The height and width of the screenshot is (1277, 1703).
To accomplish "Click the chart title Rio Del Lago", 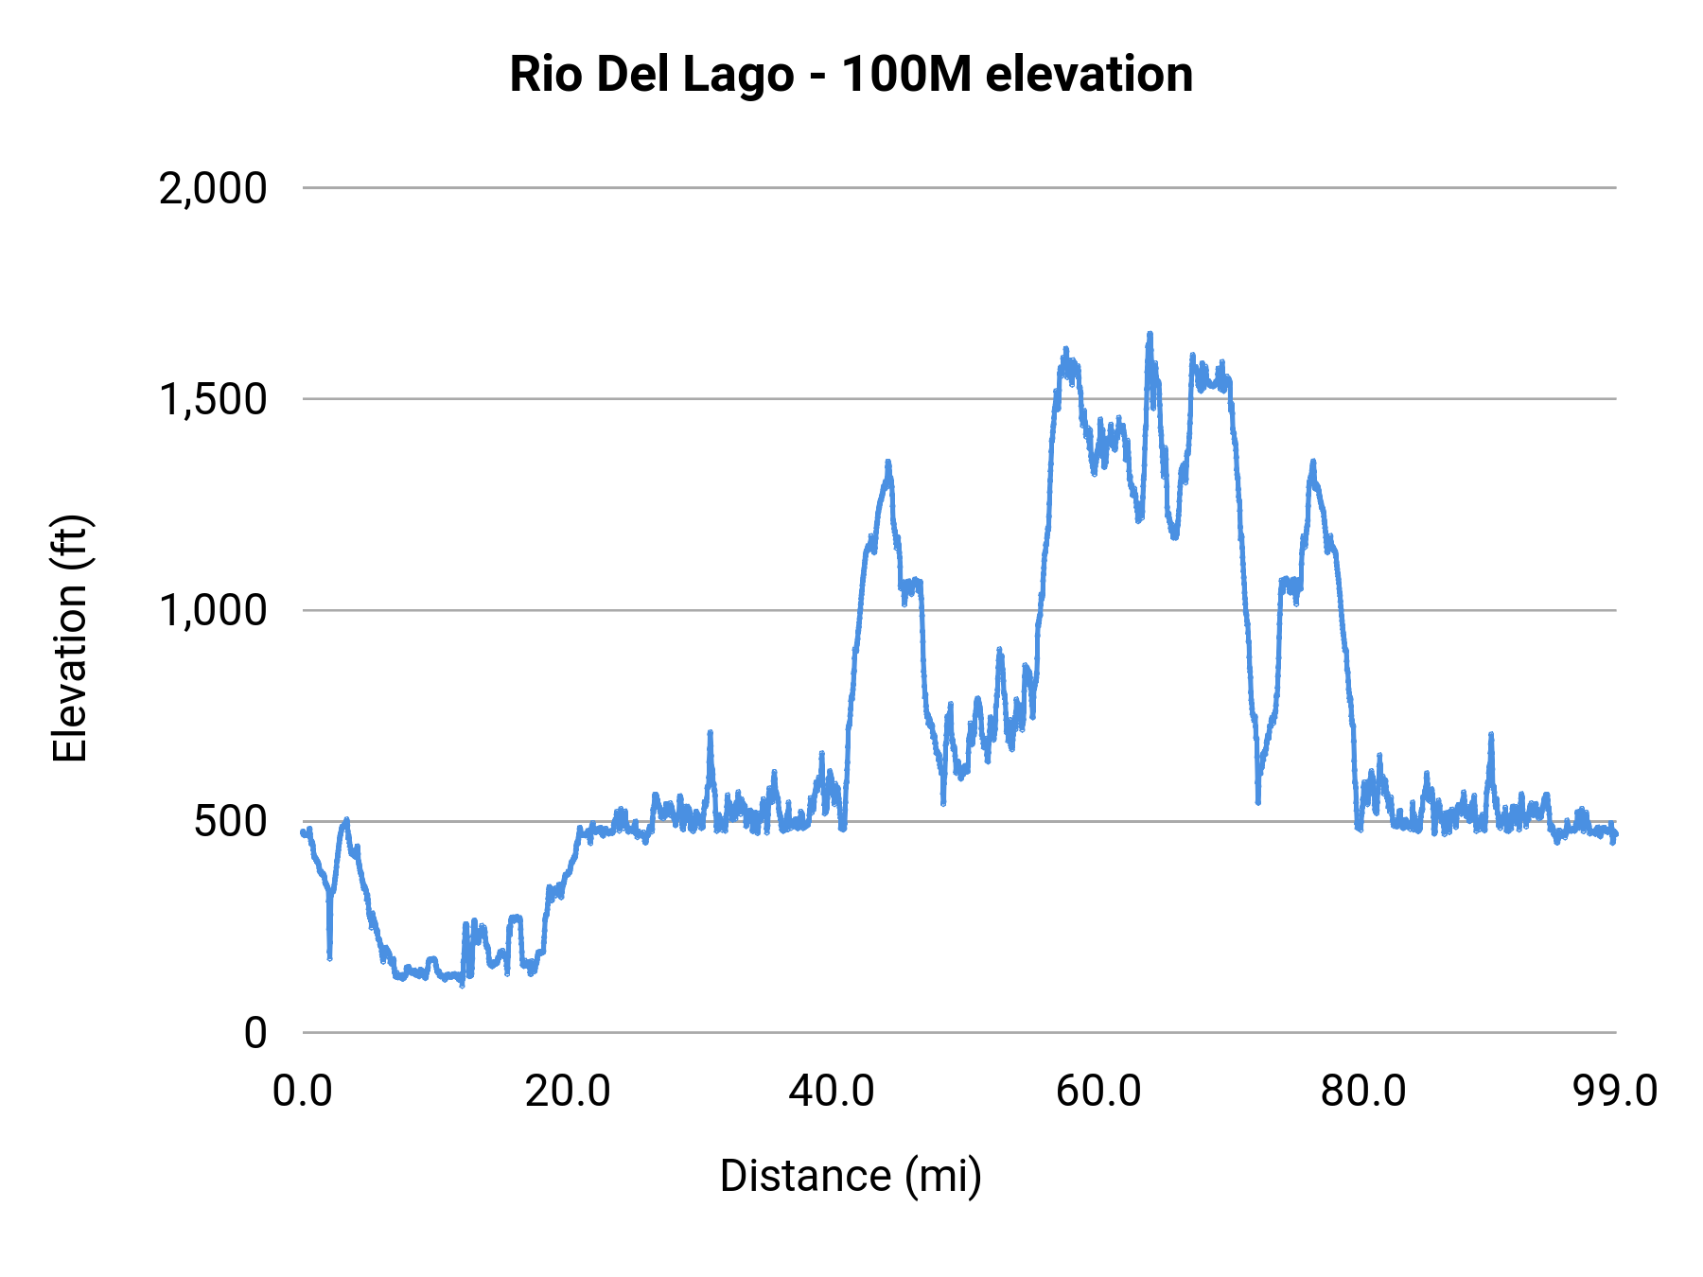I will coord(851,74).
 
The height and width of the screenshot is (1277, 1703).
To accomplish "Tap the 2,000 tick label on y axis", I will coord(213,188).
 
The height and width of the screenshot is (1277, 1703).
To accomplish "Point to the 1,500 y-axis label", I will coord(213,399).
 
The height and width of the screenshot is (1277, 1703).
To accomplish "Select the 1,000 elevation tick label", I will coord(213,610).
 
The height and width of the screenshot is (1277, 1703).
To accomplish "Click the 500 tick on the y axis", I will coord(231,821).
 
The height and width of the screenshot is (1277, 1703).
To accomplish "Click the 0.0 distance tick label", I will coord(303,1091).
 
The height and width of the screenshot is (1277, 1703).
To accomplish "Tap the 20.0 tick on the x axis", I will coord(568,1091).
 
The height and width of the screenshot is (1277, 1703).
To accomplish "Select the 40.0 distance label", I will coord(833,1091).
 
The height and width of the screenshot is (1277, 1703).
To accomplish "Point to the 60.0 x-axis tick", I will coord(1098,1091).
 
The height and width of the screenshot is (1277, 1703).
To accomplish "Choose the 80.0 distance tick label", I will coord(1363,1091).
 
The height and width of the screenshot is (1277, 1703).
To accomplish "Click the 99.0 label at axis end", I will coord(1615,1091).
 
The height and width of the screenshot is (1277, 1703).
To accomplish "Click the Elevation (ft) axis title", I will coord(70,638).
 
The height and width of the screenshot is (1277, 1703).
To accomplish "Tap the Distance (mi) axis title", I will coord(851,1176).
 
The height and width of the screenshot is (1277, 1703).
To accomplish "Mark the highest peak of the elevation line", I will coord(1150,335).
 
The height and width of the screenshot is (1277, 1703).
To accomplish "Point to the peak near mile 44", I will coord(887,464).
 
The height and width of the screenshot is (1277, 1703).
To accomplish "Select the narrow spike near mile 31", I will coord(710,734).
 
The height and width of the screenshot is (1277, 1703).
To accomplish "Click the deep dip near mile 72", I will coord(1258,800).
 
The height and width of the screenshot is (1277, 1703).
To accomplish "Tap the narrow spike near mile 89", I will coord(1490,736).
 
